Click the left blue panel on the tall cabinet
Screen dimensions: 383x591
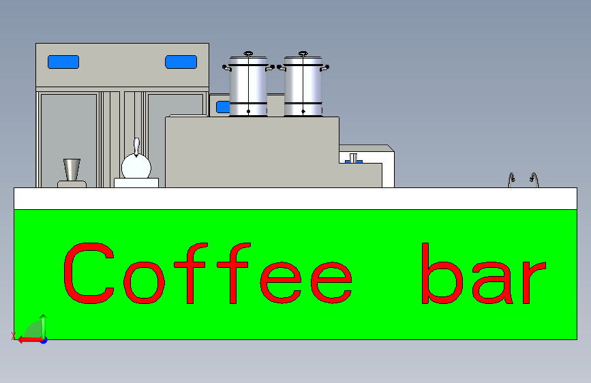(63, 62)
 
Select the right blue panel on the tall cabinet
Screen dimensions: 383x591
(181, 62)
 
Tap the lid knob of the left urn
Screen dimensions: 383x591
(248, 52)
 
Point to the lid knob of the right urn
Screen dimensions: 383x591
(303, 52)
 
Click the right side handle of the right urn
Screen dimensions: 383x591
(326, 67)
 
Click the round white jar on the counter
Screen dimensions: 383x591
(136, 166)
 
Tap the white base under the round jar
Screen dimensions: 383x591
(136, 183)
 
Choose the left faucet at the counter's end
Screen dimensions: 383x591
(512, 180)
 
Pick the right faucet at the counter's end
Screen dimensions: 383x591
(533, 180)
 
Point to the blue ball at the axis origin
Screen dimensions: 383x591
(44, 339)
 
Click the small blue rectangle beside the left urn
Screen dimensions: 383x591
(222, 106)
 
